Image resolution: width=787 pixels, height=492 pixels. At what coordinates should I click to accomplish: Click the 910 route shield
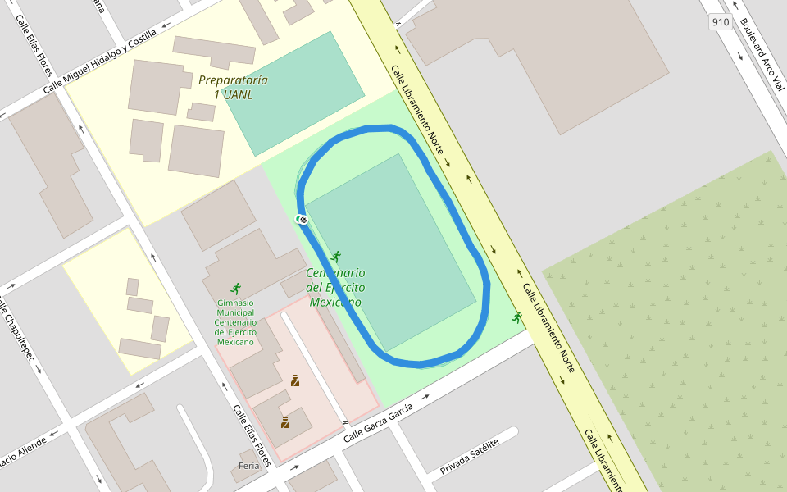coord(721,22)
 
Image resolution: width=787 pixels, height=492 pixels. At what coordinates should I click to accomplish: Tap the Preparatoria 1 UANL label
coord(233,88)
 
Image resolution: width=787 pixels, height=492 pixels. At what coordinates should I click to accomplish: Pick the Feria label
coord(248,466)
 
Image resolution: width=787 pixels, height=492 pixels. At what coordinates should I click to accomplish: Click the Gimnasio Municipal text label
coord(235,321)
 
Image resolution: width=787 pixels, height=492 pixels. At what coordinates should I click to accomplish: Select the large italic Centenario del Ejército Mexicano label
coord(335,287)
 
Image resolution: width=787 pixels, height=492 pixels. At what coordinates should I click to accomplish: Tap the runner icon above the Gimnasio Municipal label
coord(236,289)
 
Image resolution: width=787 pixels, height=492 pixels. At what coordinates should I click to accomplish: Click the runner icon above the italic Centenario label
coord(334,257)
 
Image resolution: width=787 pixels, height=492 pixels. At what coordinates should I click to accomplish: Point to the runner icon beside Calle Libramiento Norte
coord(516,317)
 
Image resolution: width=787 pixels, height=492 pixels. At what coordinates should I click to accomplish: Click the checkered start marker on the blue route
coord(302,219)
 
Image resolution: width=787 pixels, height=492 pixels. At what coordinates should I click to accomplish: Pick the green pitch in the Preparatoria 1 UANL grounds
coord(295,92)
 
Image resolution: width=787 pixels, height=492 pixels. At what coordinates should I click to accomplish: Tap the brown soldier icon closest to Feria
coord(285,422)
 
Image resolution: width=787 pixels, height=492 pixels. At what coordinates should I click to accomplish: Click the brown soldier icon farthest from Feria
coord(295,380)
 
